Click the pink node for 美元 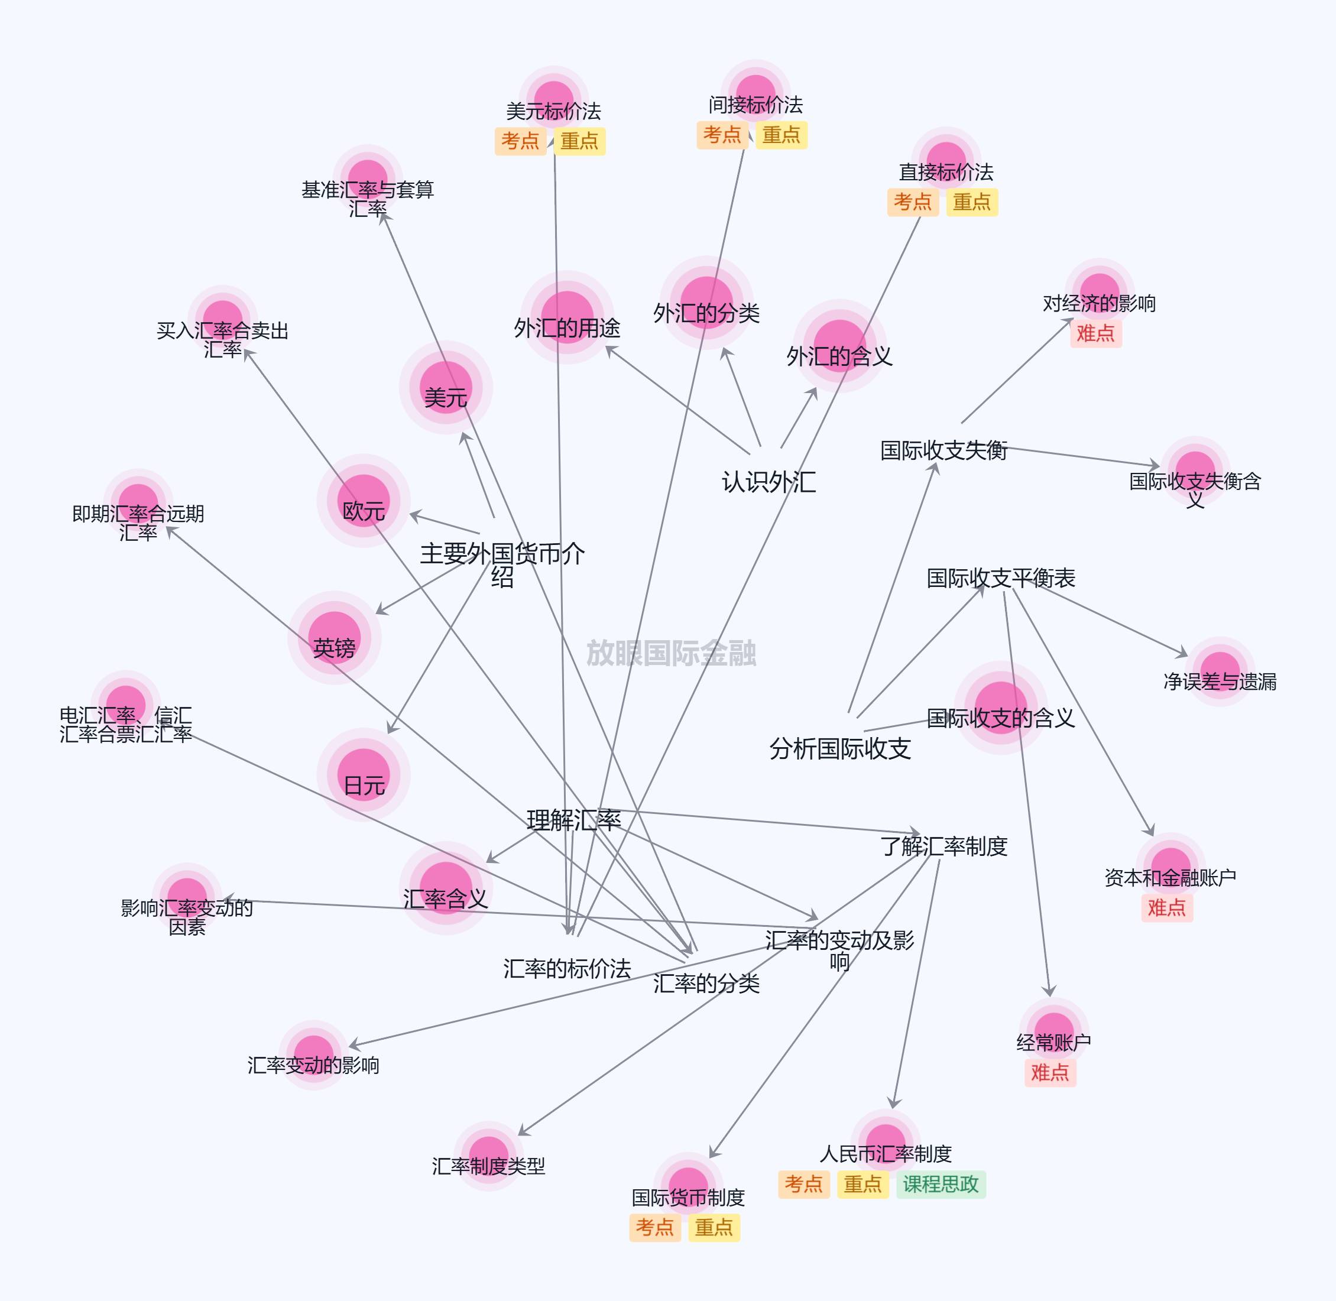[446, 387]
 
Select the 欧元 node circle [364, 501]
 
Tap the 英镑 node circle [334, 638]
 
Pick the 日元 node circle [364, 775]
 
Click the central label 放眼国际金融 [671, 653]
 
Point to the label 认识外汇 [769, 482]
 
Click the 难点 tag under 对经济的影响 [1095, 333]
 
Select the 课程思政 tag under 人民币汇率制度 [941, 1184]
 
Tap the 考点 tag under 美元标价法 [520, 141]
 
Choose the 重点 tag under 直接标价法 [972, 202]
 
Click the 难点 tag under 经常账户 [1050, 1073]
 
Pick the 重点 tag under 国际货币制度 [714, 1228]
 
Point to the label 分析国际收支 [840, 749]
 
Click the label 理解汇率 [573, 820]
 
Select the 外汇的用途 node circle [567, 318]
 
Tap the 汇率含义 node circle [446, 888]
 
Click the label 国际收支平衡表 [1000, 578]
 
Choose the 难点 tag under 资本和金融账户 [1166, 908]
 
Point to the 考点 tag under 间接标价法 [722, 135]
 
